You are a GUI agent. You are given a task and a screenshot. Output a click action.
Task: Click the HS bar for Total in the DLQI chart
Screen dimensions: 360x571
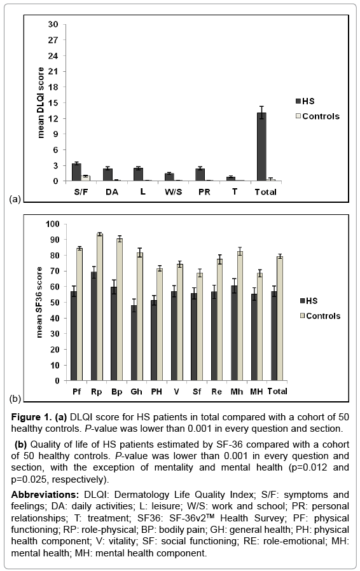coord(261,147)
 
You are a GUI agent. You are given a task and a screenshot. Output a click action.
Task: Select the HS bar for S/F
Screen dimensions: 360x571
coord(76,172)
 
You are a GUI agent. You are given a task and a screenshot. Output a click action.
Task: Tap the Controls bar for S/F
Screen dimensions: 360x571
coord(86,179)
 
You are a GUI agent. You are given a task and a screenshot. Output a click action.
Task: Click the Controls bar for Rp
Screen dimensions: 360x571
coord(99,307)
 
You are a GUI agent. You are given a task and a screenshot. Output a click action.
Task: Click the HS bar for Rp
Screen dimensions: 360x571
coord(93,326)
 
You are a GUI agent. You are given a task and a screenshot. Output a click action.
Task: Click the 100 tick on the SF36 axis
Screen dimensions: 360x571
coord(52,224)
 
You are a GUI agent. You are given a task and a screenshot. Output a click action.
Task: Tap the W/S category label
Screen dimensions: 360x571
coord(173,192)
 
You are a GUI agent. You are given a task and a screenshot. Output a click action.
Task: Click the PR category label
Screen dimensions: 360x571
coord(204,192)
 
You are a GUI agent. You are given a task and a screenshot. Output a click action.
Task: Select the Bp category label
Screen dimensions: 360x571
coord(116,392)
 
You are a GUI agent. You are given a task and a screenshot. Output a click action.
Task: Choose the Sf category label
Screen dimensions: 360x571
coord(197,392)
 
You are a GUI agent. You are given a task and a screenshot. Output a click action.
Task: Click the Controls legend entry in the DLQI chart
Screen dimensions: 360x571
coord(317,116)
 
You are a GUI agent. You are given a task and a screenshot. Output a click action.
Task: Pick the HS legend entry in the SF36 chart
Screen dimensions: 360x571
coord(308,301)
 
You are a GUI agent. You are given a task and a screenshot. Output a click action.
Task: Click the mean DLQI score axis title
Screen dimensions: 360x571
coord(41,103)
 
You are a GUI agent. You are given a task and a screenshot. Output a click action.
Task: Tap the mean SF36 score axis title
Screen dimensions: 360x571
coord(39,302)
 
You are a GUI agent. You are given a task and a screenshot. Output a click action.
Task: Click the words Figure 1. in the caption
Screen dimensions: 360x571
coord(32,417)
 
